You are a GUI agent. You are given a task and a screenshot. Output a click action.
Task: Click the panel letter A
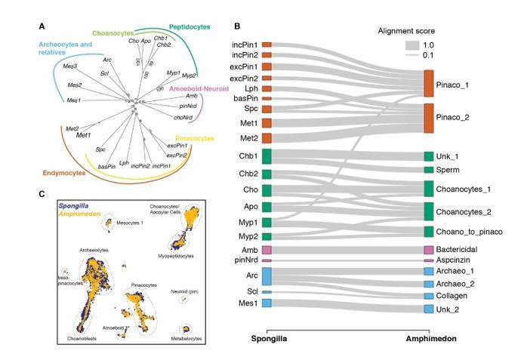coord(42,27)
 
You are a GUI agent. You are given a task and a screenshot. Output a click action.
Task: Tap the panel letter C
coord(42,194)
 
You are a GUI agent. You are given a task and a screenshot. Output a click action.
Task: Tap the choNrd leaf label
coord(185,118)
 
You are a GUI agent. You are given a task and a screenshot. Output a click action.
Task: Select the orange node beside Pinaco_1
coord(429,84)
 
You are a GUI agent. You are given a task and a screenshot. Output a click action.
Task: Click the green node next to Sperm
coord(429,170)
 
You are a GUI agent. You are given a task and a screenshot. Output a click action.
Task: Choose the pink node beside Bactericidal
coord(429,249)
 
